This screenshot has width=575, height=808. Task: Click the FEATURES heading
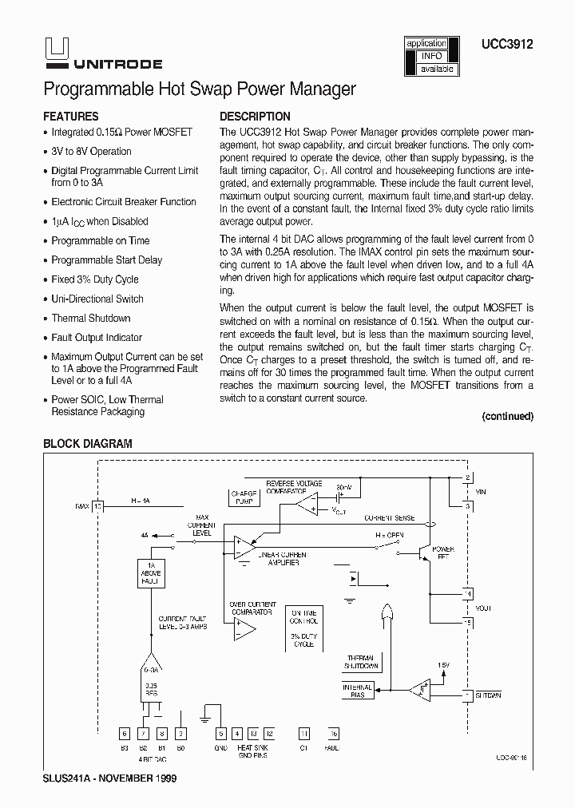click(70, 116)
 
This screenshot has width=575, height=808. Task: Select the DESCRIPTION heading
click(255, 116)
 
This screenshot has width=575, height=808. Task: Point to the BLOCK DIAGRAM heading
click(87, 444)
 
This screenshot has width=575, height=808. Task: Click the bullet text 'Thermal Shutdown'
click(90, 318)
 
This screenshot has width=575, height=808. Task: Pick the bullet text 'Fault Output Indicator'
click(97, 338)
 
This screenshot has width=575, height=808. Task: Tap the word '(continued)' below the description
click(507, 416)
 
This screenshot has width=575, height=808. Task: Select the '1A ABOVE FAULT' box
click(152, 573)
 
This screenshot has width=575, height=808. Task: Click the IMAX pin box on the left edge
click(98, 506)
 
